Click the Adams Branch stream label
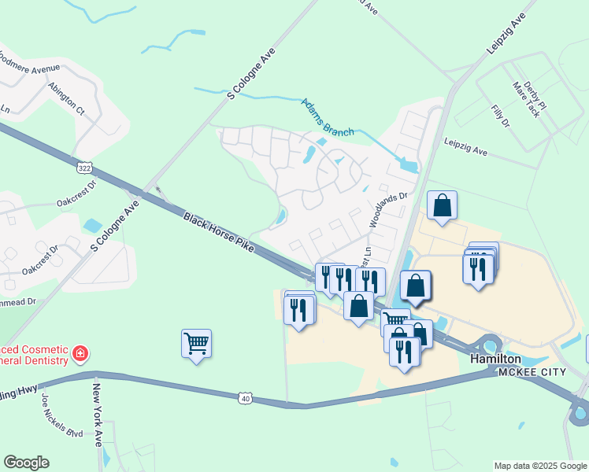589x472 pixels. pyautogui.click(x=328, y=117)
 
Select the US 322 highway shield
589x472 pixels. pyautogui.click(x=85, y=168)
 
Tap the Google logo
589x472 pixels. pyautogui.click(x=26, y=463)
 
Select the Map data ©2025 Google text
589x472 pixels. pyautogui.click(x=539, y=466)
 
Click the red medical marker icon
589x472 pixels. pyautogui.click(x=80, y=354)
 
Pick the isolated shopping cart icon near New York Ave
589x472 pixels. pyautogui.click(x=196, y=343)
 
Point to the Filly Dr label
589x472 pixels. pyautogui.click(x=500, y=117)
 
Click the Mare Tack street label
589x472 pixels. pyautogui.click(x=526, y=99)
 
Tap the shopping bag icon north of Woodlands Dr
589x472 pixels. pyautogui.click(x=443, y=205)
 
